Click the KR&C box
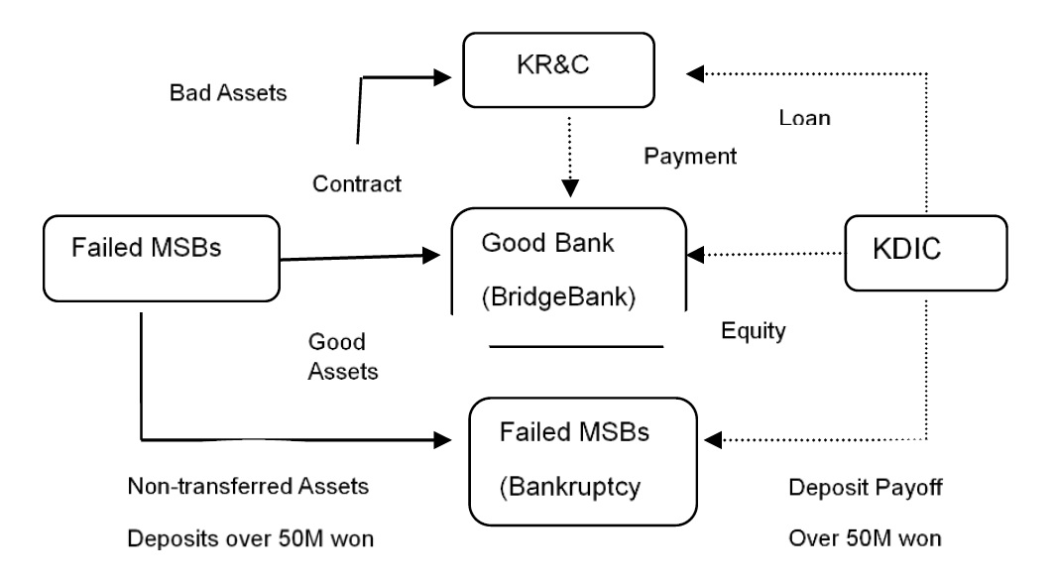click(x=558, y=70)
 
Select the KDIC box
click(x=926, y=253)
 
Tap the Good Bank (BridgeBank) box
click(x=568, y=261)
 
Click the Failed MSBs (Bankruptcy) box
click(x=583, y=461)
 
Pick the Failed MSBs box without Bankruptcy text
click(x=162, y=258)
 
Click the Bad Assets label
click(x=228, y=93)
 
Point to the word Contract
click(x=357, y=183)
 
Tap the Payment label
click(x=690, y=156)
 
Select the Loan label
click(x=805, y=118)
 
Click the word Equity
click(x=754, y=331)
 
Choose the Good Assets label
click(x=343, y=356)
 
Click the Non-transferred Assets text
click(x=248, y=486)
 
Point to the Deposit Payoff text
click(x=866, y=488)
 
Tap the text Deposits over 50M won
click(x=250, y=538)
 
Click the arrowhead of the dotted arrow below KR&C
click(x=570, y=188)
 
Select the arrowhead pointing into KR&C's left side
click(x=442, y=77)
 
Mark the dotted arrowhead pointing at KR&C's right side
click(x=694, y=73)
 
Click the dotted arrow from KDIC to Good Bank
click(x=764, y=254)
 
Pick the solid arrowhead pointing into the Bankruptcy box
click(x=442, y=440)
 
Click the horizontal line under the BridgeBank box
click(x=576, y=346)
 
